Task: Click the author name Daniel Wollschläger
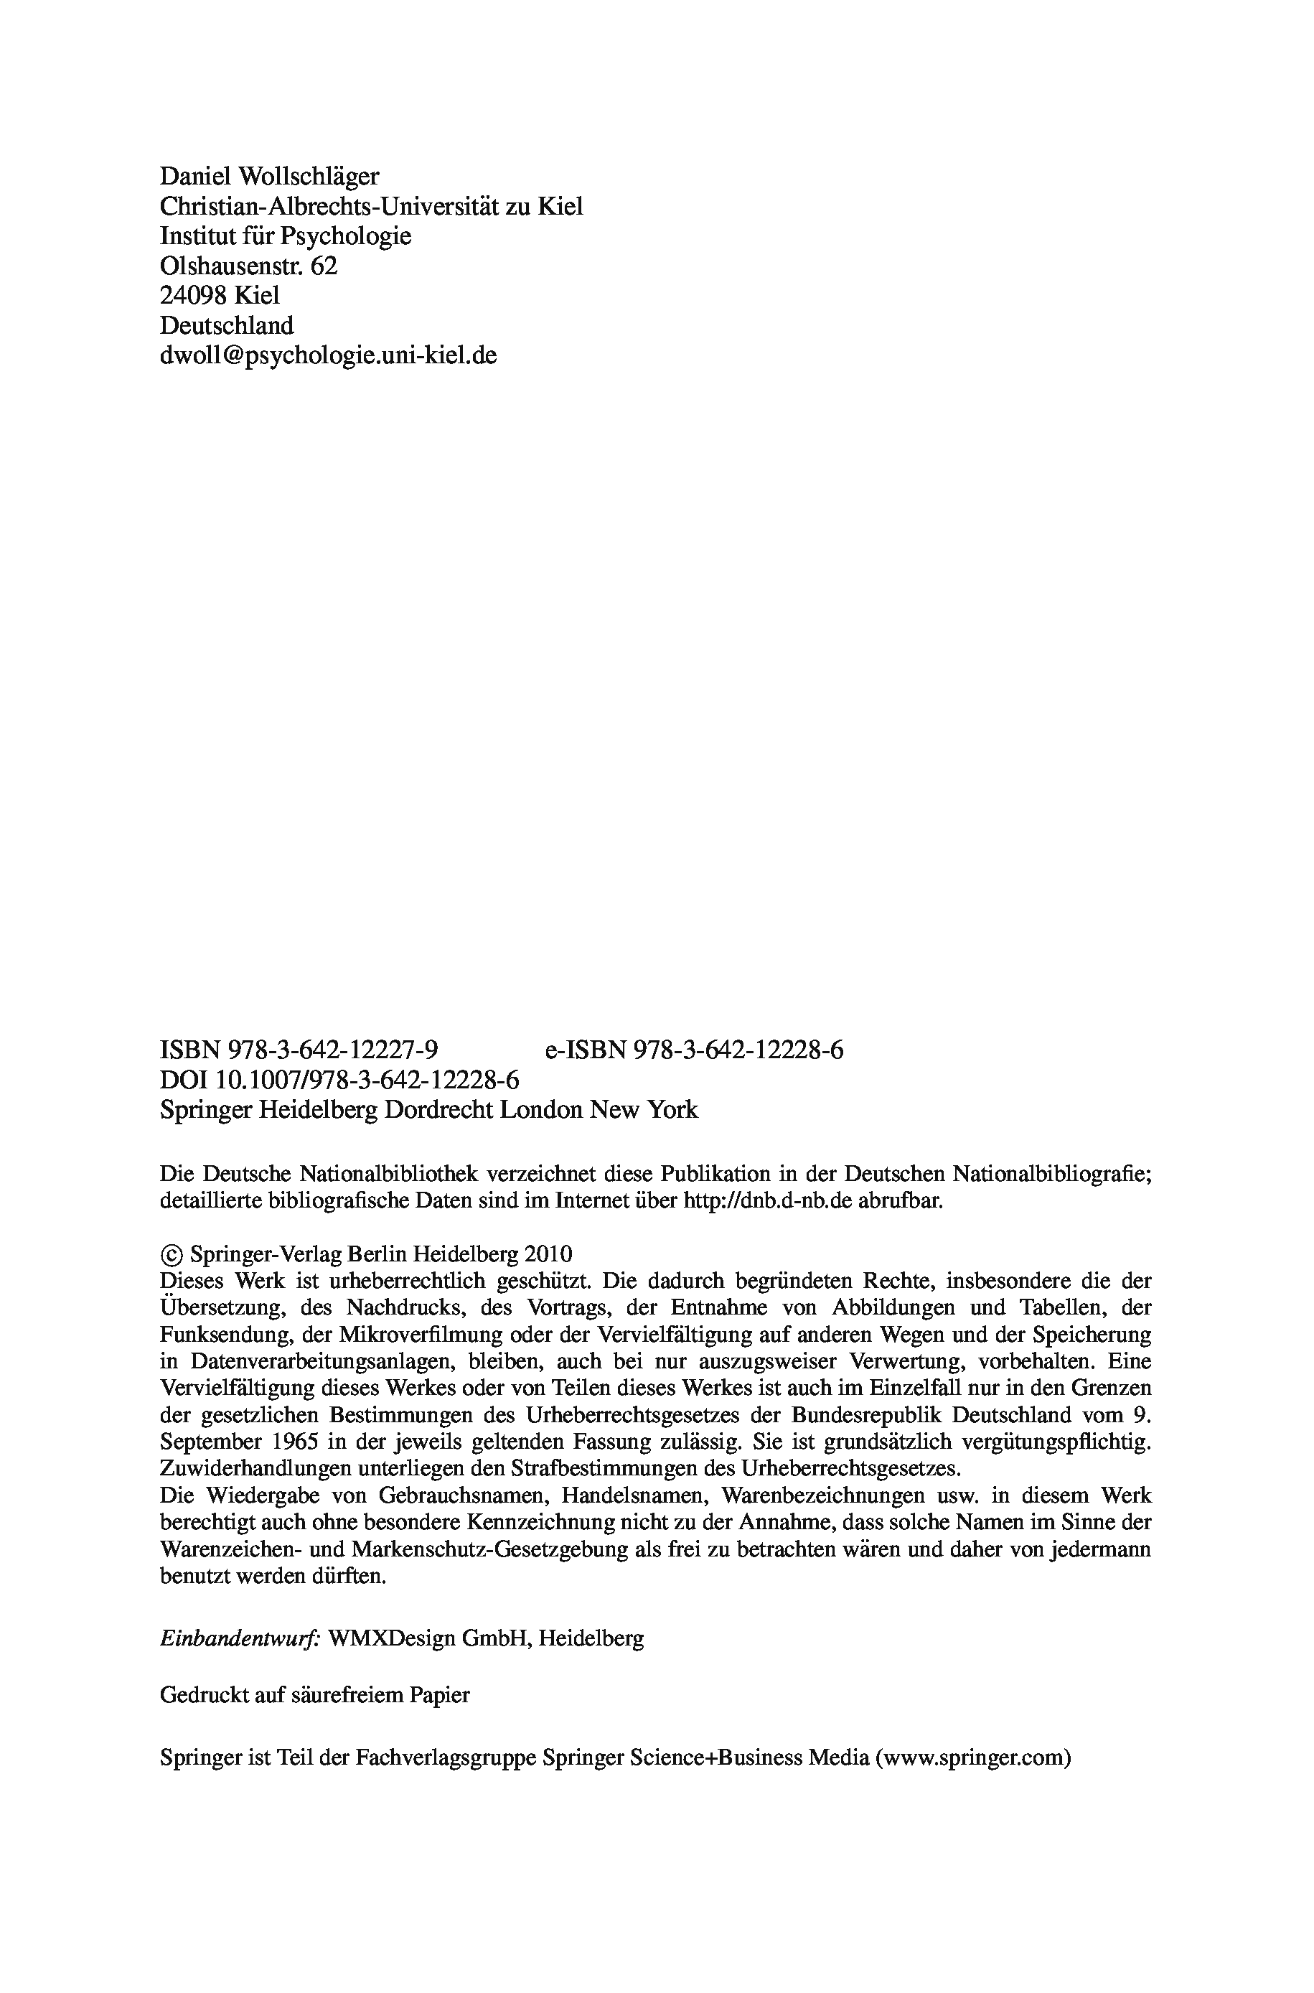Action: (269, 176)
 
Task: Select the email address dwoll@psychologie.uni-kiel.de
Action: (328, 355)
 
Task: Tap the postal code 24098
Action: (194, 295)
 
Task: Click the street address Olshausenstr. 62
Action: (248, 266)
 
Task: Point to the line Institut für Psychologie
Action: (285, 235)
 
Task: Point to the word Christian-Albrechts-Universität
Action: (329, 206)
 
